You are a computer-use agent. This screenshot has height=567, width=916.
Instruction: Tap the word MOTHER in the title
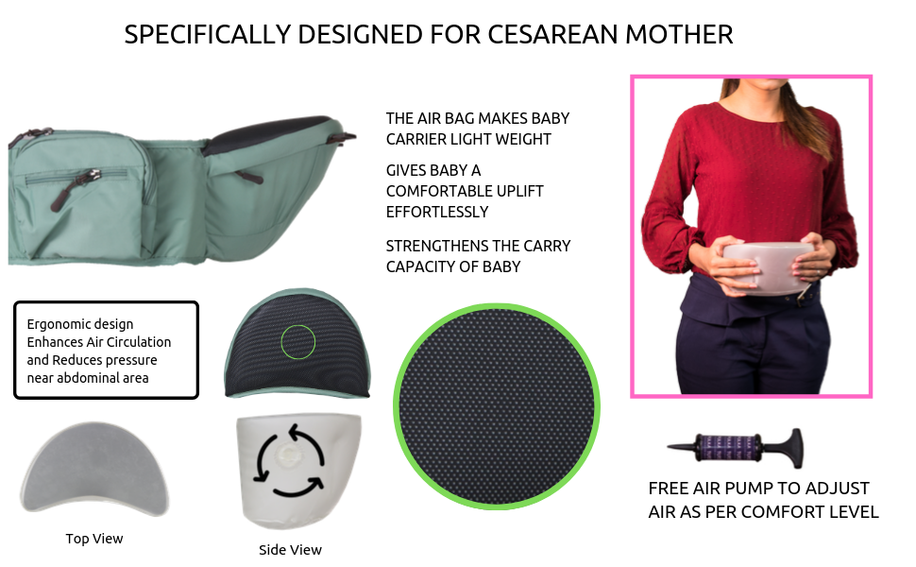tap(678, 35)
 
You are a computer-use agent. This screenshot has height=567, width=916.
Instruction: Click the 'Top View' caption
tap(94, 539)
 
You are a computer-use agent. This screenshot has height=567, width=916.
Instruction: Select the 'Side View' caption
tap(290, 549)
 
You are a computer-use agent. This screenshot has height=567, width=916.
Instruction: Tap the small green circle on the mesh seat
tap(297, 341)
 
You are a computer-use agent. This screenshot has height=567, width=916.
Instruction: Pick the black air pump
tap(736, 445)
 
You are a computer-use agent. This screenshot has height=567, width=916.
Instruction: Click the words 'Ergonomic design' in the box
tap(80, 324)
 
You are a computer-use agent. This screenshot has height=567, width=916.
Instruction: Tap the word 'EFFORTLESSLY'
tap(437, 212)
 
